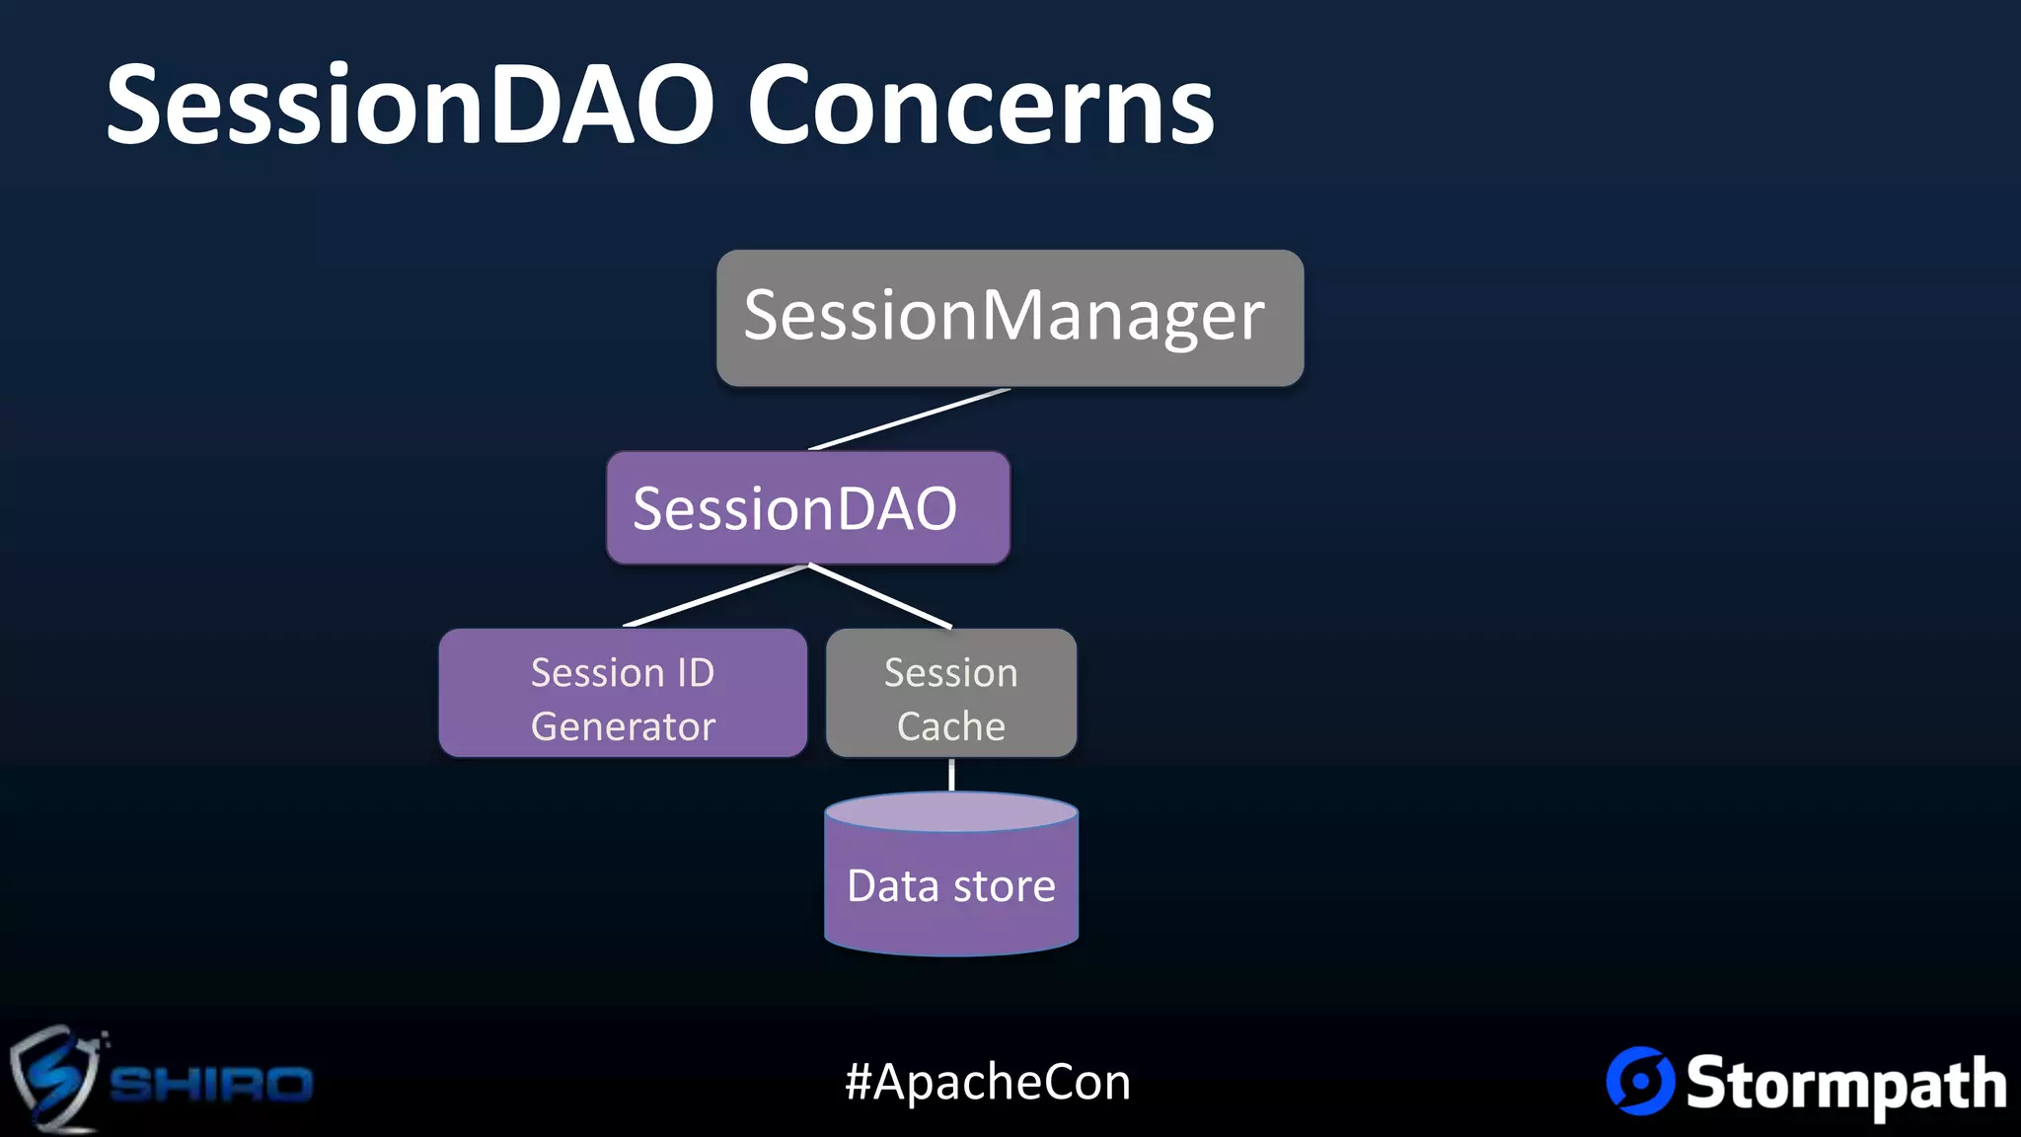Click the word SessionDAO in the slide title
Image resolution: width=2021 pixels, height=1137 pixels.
410,105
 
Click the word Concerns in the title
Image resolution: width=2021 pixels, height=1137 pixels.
980,105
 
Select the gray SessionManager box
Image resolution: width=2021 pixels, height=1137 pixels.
1010,317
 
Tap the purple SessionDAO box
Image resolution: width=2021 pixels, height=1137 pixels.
807,508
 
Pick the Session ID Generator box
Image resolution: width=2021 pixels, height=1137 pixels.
623,694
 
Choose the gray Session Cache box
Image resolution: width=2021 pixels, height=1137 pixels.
950,694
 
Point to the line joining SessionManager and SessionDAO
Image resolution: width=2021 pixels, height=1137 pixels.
909,419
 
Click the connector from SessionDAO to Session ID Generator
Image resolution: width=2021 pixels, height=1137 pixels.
716,595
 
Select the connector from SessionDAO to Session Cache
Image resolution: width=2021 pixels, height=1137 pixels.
880,595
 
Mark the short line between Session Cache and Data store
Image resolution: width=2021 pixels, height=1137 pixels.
951,775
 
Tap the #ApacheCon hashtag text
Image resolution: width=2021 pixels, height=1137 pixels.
988,1082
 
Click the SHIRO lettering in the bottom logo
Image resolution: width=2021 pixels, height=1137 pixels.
211,1084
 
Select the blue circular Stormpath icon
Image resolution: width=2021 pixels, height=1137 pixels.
1640,1081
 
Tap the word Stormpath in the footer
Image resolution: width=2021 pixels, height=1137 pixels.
1845,1084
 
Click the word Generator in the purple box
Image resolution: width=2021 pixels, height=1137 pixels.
623,726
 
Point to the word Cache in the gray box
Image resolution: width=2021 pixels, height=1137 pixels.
950,726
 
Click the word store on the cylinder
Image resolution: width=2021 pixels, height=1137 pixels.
1005,886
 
